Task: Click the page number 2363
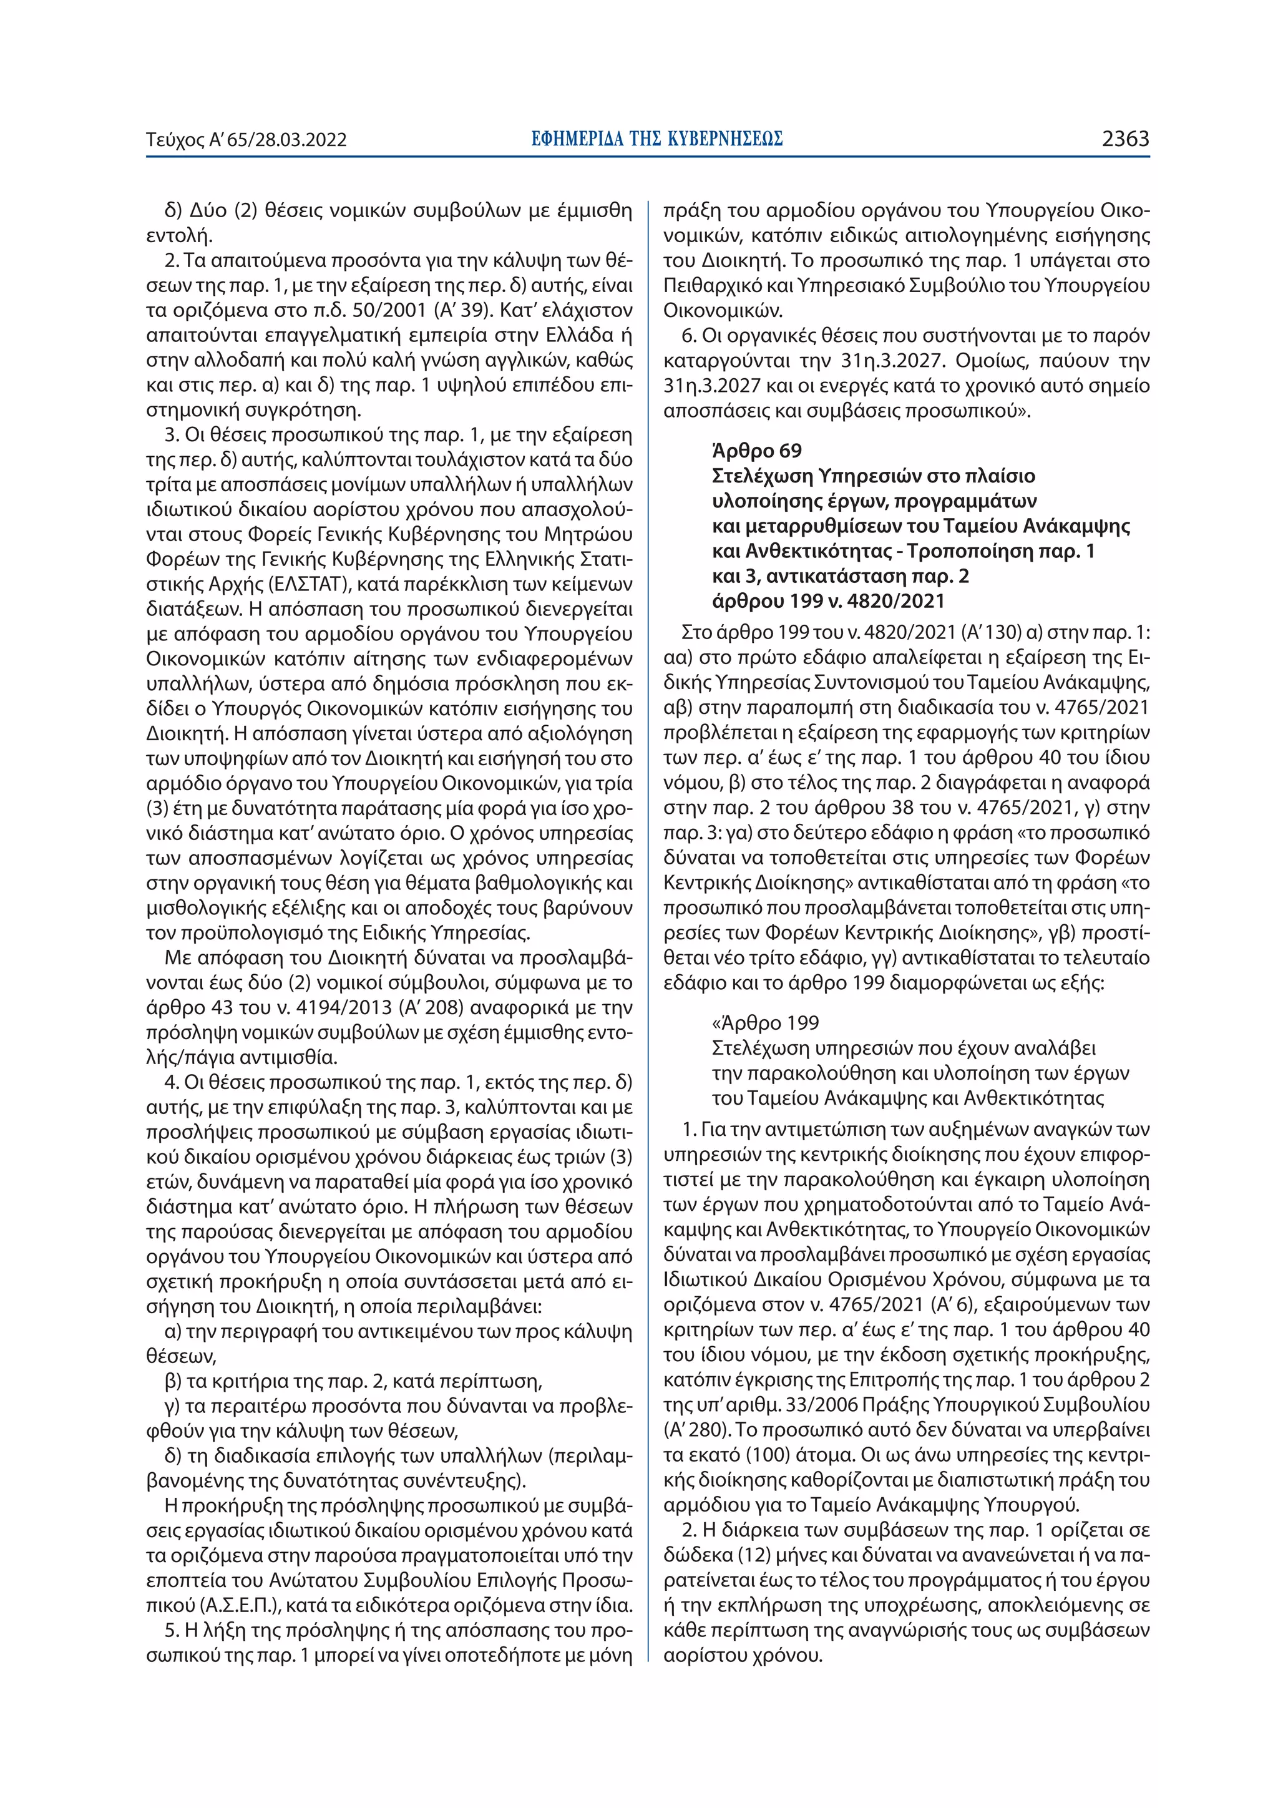(1125, 139)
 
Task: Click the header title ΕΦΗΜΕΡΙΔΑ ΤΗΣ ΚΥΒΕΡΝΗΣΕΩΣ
(656, 139)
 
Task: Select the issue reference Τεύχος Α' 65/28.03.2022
(246, 141)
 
